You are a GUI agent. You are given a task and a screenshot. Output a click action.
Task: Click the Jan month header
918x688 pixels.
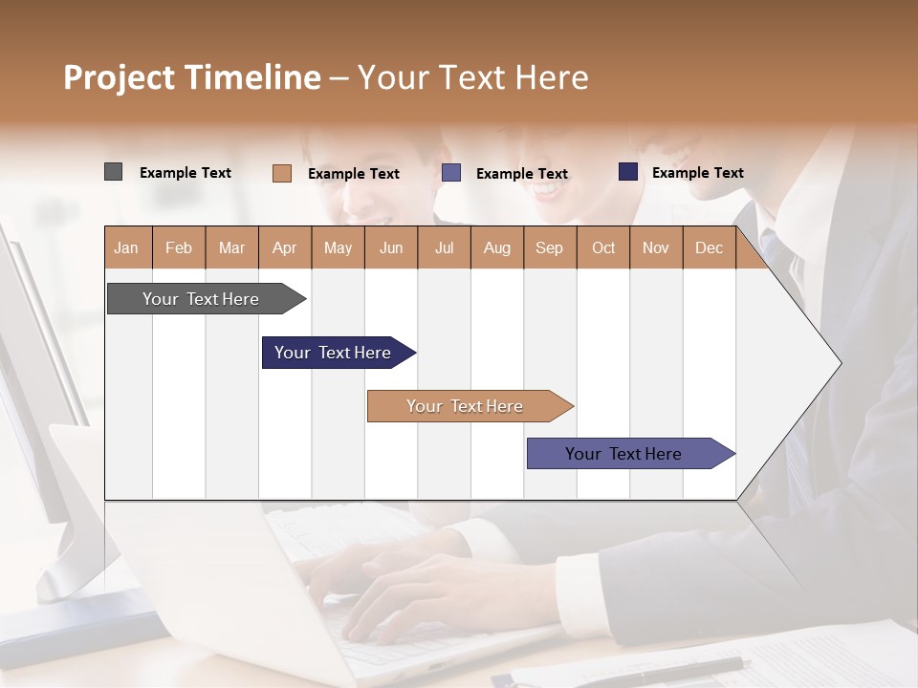pyautogui.click(x=126, y=247)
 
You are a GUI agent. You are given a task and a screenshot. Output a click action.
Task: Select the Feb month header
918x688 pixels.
pyautogui.click(x=179, y=247)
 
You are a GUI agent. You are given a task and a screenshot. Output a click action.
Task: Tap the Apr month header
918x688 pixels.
pyautogui.click(x=284, y=247)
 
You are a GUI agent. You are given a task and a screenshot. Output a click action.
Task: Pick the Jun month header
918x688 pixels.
pyautogui.click(x=391, y=247)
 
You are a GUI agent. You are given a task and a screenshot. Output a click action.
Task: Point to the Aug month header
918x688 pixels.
pyautogui.click(x=496, y=247)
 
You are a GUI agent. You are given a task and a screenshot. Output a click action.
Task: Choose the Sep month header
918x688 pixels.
pyautogui.click(x=549, y=247)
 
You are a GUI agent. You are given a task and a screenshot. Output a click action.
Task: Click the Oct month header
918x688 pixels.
pyautogui.click(x=603, y=247)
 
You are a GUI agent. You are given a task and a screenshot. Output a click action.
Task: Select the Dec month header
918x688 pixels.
pyautogui.click(x=709, y=247)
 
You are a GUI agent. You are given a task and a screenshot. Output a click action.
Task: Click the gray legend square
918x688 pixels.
pyautogui.click(x=113, y=172)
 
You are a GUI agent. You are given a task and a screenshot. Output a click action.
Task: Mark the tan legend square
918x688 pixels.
pyautogui.click(x=281, y=173)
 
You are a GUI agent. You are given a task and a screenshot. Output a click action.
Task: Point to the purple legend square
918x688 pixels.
pyautogui.click(x=451, y=173)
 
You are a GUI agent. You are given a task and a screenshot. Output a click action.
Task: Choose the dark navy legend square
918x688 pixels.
pyautogui.click(x=627, y=172)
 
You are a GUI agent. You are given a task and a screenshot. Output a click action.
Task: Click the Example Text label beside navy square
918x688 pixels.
pyautogui.click(x=697, y=172)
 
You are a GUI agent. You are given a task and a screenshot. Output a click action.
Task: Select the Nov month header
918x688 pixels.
pyautogui.click(x=656, y=247)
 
